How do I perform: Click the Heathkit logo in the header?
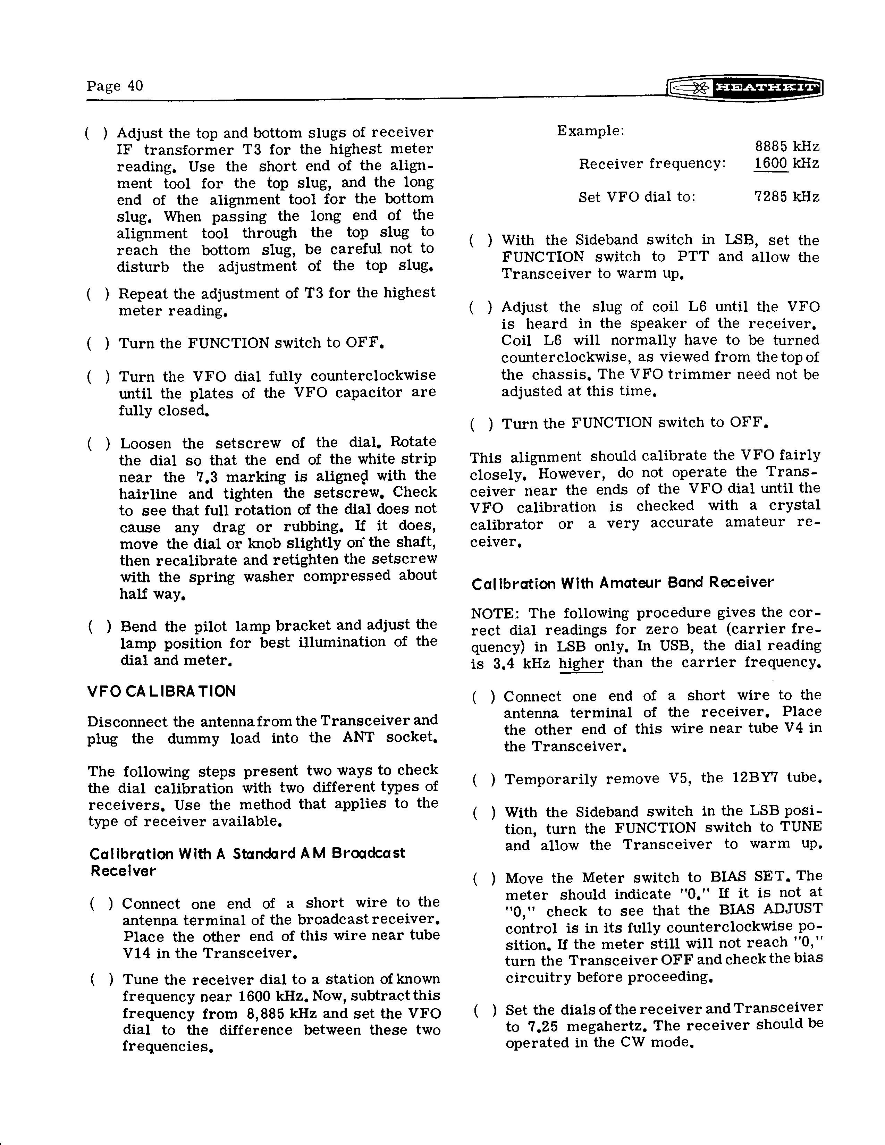tap(744, 87)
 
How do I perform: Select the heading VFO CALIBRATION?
tap(161, 691)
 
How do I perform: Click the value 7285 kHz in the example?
tap(786, 197)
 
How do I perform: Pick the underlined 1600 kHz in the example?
tap(786, 163)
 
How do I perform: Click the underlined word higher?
tap(581, 664)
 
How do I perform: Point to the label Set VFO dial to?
tap(637, 197)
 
